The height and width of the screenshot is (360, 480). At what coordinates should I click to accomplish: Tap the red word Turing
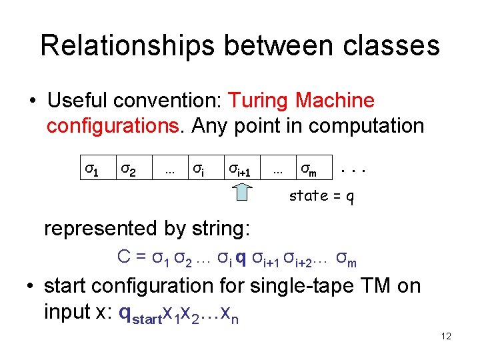(259, 101)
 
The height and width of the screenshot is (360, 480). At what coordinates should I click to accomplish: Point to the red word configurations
(116, 126)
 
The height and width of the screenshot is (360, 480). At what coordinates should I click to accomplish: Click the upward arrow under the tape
(243, 192)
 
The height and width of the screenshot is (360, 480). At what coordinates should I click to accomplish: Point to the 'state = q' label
(321, 196)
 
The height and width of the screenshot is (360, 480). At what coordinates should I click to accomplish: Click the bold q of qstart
(124, 312)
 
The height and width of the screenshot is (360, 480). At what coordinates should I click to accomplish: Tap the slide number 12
(446, 337)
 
